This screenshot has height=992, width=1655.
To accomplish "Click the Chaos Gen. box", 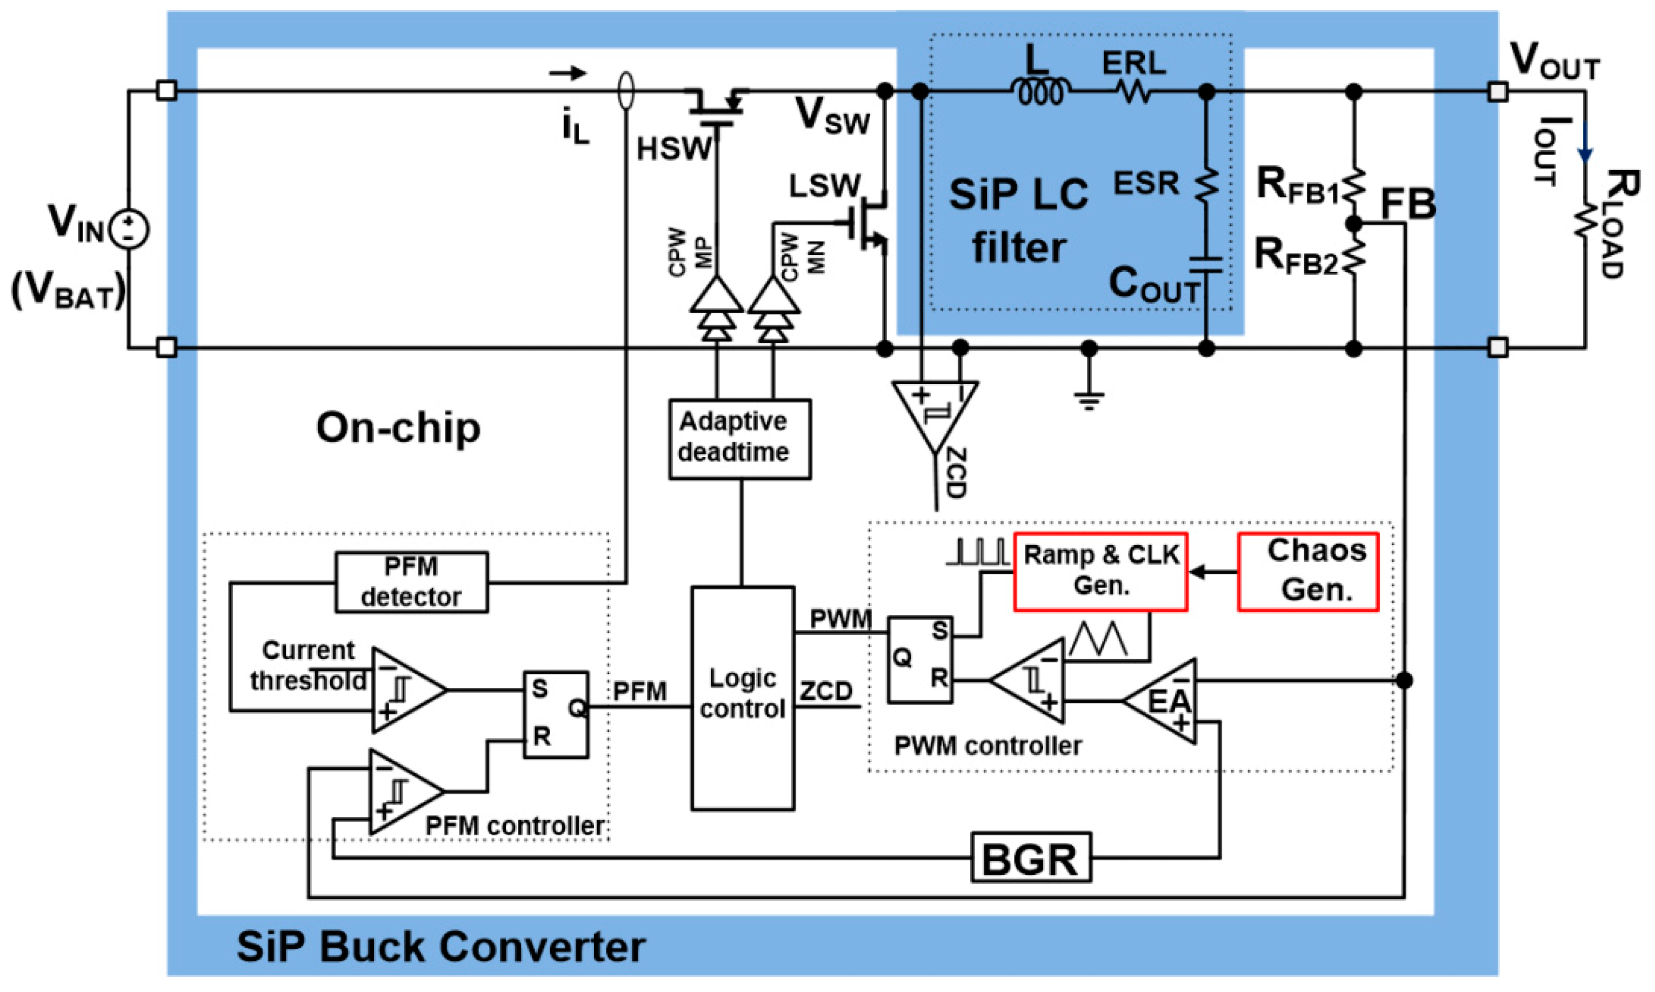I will (1307, 572).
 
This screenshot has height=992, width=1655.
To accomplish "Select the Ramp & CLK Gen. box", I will (1100, 572).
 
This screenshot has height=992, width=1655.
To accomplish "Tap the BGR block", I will (1030, 857).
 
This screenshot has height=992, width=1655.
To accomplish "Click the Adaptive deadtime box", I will (739, 439).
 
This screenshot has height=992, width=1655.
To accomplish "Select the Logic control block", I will (742, 699).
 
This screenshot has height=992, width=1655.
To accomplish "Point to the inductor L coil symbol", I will (1040, 91).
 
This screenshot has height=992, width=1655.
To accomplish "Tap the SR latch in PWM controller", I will (920, 660).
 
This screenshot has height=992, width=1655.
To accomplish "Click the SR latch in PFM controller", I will (555, 714).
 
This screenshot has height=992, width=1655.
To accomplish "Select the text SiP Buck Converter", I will (442, 947).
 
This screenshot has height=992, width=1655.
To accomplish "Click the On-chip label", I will (398, 428).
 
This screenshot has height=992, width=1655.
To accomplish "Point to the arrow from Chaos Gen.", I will (1212, 572).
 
